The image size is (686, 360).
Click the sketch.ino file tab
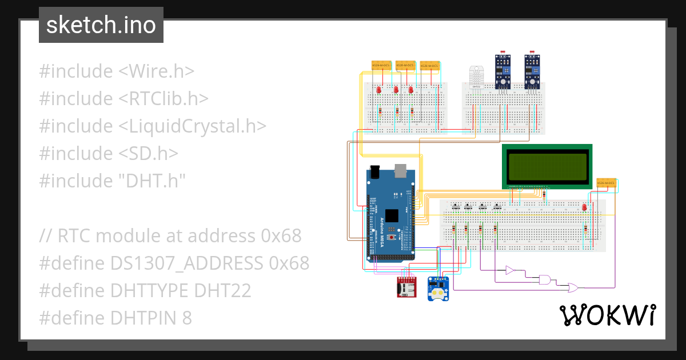[x=101, y=25]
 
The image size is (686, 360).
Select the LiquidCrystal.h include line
[x=153, y=126]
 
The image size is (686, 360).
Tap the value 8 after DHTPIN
[x=187, y=318]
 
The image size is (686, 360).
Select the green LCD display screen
[x=547, y=166]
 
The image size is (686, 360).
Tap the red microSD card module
[x=407, y=287]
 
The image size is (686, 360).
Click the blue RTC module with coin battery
[x=439, y=288]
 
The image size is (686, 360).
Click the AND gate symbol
[x=546, y=279]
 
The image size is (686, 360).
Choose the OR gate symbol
[x=571, y=287]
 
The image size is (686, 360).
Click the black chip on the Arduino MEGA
[x=392, y=216]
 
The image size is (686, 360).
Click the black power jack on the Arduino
[x=375, y=171]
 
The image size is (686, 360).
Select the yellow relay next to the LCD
[x=605, y=183]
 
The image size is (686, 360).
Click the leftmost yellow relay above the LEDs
[x=381, y=66]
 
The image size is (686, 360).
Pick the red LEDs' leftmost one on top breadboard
[x=379, y=90]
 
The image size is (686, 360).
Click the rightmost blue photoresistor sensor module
[x=533, y=73]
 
